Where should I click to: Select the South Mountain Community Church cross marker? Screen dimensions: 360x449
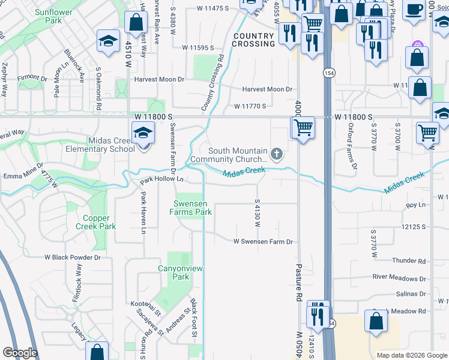(276, 155)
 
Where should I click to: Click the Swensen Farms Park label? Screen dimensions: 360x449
(193, 208)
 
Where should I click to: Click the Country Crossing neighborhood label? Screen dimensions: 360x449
(253, 40)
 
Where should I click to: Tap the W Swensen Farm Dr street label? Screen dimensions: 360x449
(263, 242)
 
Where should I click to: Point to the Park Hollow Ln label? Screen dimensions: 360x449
(161, 180)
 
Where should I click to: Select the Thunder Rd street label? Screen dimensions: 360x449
(409, 261)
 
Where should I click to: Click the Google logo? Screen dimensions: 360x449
(20, 353)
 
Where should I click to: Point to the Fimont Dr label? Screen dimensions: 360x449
(32, 78)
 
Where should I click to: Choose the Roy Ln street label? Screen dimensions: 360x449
(415, 205)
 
